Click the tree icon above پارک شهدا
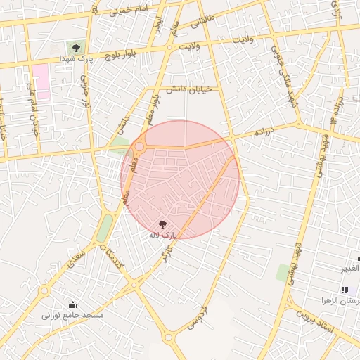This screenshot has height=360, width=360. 76,47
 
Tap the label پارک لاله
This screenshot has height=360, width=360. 163,234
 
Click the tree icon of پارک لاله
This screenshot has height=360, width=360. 163,224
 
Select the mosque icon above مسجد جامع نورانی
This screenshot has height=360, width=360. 73,304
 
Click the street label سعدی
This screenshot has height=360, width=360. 78,261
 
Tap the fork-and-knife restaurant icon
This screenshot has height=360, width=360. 345,290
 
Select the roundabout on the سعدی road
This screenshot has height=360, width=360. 45,290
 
